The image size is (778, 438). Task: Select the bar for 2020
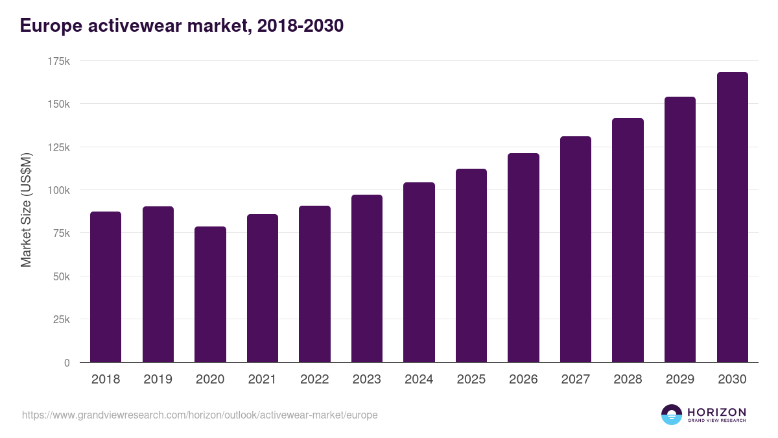210,295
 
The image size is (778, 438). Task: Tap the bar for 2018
106,287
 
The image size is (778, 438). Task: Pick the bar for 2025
471,265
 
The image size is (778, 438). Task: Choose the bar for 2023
367,278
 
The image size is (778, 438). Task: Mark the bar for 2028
628,240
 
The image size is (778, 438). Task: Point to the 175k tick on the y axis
59,61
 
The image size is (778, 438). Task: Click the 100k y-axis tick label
59,190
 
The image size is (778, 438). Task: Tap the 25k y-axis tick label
62,319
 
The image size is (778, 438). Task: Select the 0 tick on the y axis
67,363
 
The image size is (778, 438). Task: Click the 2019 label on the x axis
158,380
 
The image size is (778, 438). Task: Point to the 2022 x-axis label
314,380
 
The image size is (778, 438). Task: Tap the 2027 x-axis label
575,380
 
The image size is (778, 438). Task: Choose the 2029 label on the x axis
679,380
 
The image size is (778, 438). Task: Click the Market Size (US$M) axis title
26,211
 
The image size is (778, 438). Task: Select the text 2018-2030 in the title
300,26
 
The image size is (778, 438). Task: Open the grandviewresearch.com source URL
200,415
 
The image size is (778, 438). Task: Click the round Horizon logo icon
672,415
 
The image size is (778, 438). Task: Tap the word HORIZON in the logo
716,412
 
